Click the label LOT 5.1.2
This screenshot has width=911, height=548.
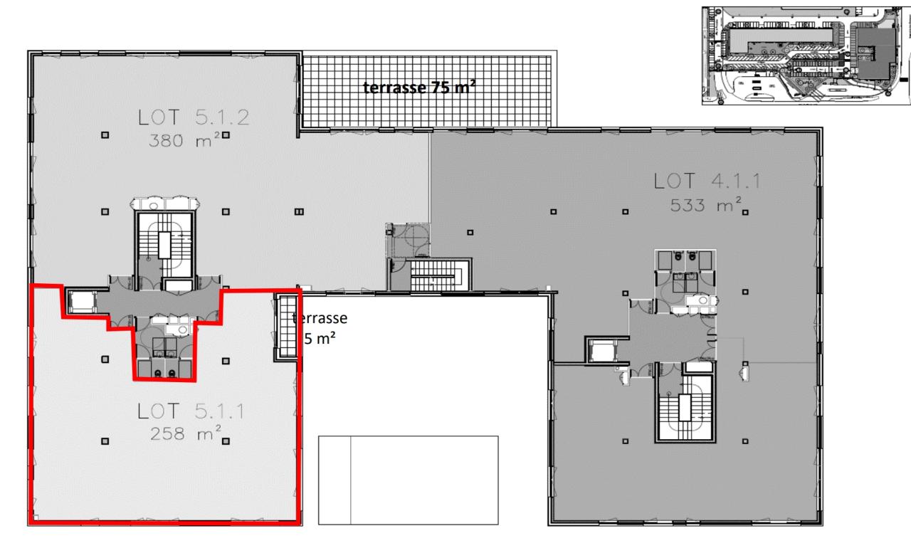click(x=194, y=117)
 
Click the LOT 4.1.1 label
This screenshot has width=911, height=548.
click(x=707, y=182)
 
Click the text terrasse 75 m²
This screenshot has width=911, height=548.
click(x=420, y=88)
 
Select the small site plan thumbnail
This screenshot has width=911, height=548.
click(x=805, y=56)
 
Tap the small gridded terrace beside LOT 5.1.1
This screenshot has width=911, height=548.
click(x=286, y=326)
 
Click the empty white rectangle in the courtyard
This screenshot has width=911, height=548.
click(x=408, y=480)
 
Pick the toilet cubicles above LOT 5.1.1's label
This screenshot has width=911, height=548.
click(x=163, y=356)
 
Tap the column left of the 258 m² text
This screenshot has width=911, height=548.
click(x=105, y=441)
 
